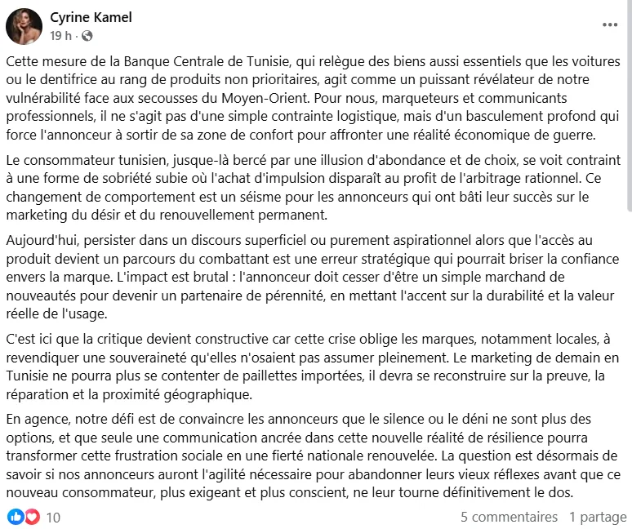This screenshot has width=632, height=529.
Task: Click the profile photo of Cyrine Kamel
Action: pos(24,26)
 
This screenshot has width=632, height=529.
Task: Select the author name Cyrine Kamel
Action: pos(91,17)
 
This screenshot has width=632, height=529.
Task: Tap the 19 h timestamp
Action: pos(60,36)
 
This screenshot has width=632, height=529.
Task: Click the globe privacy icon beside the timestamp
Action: pos(87,36)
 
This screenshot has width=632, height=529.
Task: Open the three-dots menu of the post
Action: pos(610,25)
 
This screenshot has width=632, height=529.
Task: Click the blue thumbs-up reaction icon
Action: pos(15,517)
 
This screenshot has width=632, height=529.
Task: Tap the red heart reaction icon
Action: pos(32,517)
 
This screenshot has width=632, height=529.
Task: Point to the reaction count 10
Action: pos(53,517)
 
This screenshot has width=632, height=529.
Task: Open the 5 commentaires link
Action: pos(509,517)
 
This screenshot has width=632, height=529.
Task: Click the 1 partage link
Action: pos(598,517)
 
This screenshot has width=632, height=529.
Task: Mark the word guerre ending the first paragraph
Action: pos(555,134)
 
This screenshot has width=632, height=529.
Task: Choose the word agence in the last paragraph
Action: pos(43,420)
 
